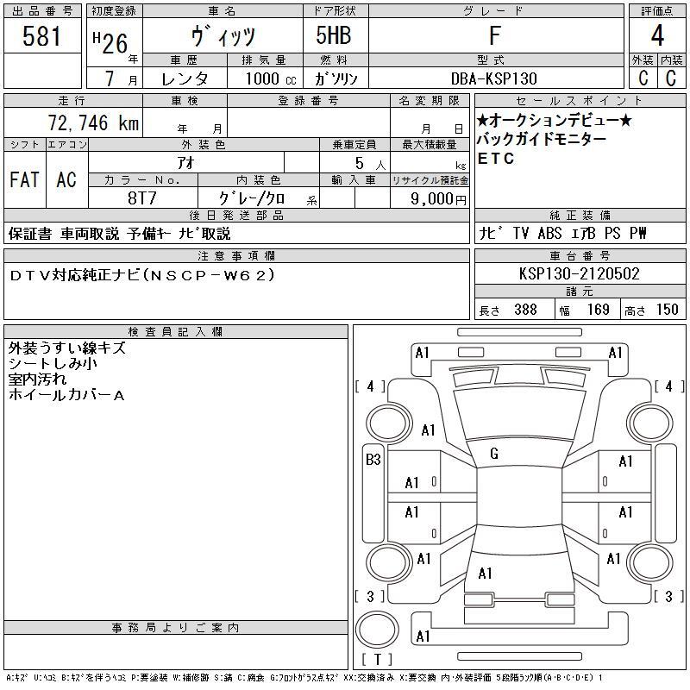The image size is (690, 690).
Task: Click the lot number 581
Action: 41,36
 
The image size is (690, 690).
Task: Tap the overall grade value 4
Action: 657,35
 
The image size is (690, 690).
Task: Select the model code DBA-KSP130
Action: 494,78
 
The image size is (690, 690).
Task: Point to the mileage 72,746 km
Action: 93,122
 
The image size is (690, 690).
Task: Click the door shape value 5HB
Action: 334,35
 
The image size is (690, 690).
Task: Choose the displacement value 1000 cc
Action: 271,78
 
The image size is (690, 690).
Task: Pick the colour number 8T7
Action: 142,198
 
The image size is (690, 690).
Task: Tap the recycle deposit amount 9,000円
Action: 438,199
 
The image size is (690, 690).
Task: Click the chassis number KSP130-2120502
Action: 579,273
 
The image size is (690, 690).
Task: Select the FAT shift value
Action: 24,179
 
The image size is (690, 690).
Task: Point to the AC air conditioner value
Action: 66,179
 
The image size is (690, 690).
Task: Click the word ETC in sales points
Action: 496,159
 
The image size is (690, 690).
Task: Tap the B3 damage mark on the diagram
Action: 373,460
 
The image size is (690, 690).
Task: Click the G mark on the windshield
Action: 494,454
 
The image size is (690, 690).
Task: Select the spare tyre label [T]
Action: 378,659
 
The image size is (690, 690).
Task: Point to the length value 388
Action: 525,310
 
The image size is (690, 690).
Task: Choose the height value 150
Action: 667,310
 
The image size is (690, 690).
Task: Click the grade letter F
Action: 495,35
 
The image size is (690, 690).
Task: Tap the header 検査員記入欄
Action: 176,331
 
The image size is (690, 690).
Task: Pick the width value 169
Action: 598,310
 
